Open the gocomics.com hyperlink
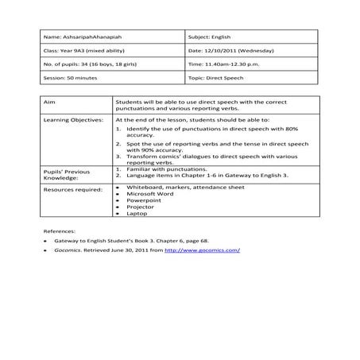point(202,251)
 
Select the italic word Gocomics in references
point(67,251)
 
